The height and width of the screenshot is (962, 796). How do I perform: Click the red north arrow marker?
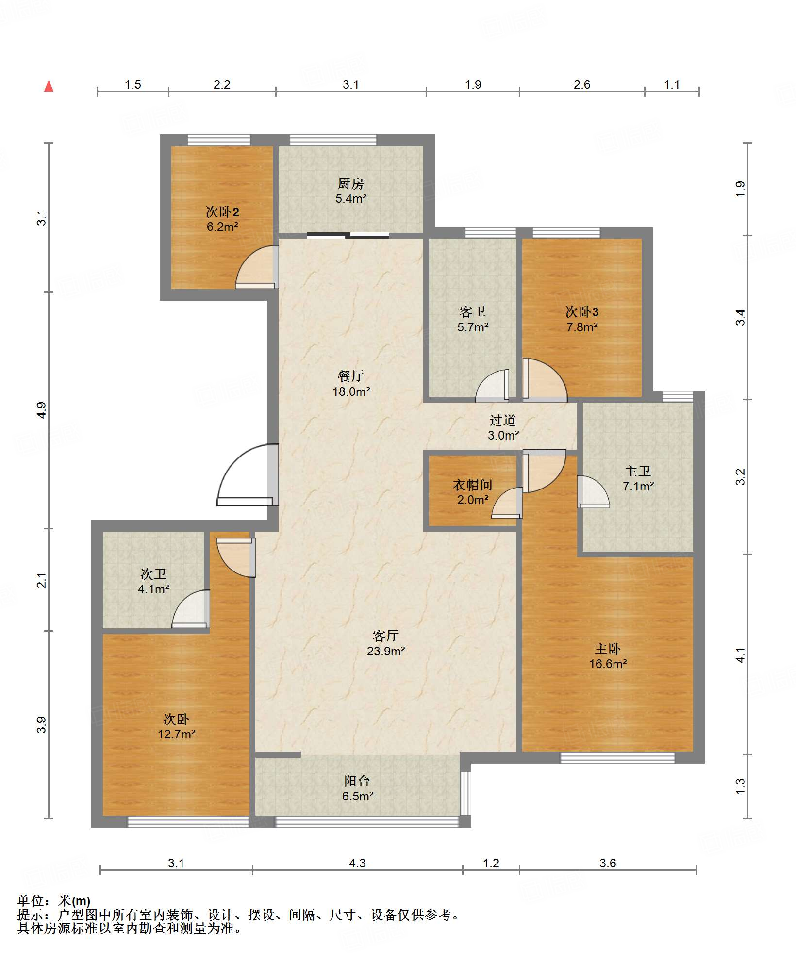coord(49,86)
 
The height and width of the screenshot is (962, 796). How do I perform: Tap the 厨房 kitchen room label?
coord(350,191)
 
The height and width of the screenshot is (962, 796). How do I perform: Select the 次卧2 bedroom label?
coord(222,219)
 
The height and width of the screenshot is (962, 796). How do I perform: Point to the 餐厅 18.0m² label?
coord(351,384)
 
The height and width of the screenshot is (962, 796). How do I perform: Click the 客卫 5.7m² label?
coord(472,319)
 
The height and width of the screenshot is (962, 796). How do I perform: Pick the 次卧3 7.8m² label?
coord(582,319)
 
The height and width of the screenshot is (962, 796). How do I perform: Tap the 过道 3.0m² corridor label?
coord(503,427)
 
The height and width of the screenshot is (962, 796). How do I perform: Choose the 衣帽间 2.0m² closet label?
coord(472,492)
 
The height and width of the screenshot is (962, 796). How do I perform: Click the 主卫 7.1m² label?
coord(638,478)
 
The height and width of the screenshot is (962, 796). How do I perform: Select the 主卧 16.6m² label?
coord(608,656)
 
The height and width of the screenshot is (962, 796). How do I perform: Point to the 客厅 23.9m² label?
coord(386,643)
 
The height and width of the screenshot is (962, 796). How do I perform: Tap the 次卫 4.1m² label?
coord(153,581)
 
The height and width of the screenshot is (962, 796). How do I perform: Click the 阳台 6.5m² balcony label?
coord(357,788)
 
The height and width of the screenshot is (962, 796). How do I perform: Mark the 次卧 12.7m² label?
coord(176,726)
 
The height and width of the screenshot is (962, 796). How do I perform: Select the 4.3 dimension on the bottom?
coord(357,863)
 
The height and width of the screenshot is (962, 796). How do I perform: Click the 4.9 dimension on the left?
coord(42,410)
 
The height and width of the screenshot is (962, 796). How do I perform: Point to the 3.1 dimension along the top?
coord(350,84)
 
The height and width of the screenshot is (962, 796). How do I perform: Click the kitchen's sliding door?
coord(348,236)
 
